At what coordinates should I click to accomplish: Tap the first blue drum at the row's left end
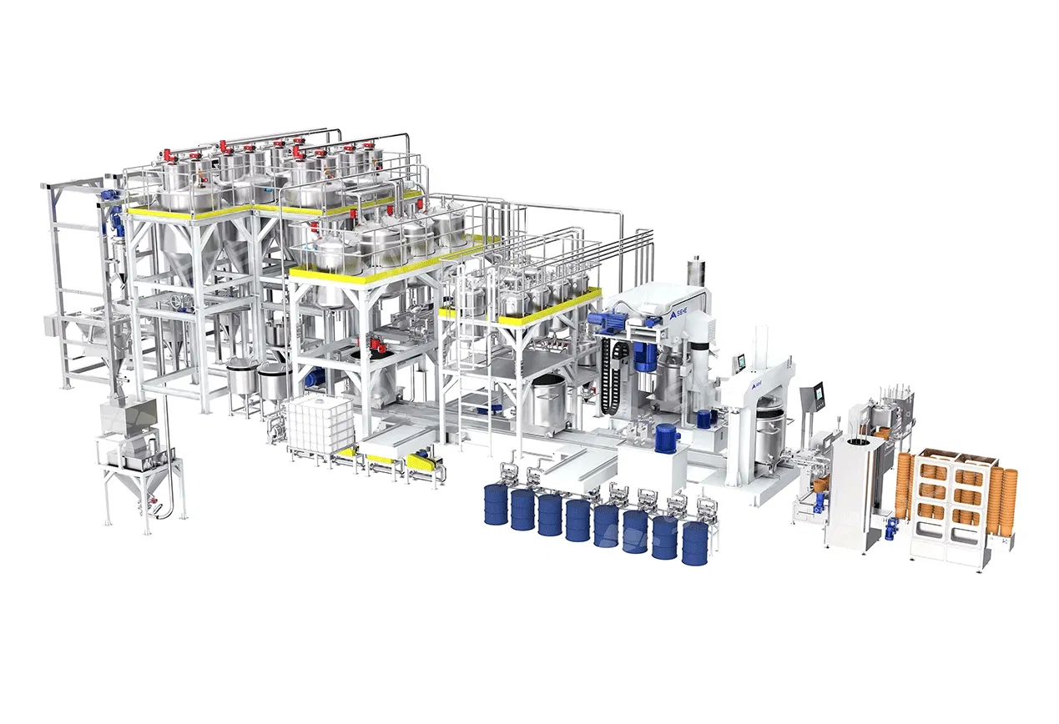(496, 505)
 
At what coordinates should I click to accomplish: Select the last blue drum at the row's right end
(693, 543)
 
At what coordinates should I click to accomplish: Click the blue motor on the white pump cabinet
(665, 437)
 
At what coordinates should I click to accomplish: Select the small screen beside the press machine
(741, 363)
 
